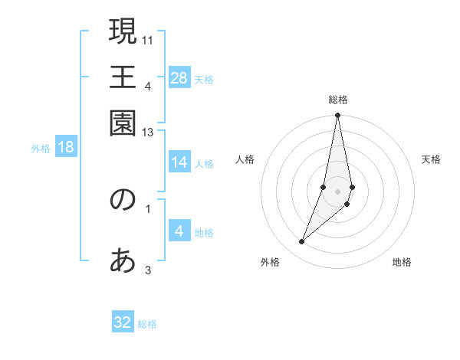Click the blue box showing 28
(179, 78)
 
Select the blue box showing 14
(179, 162)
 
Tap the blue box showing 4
(179, 232)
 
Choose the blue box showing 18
(66, 148)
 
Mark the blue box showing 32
(123, 322)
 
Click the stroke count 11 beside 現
(149, 39)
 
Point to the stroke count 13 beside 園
(149, 133)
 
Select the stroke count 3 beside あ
(148, 269)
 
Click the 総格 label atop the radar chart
(337, 100)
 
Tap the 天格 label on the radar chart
(431, 159)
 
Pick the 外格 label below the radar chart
(270, 262)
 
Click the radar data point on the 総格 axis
(337, 116)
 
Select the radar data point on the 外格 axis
(301, 241)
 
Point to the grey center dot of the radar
(337, 191)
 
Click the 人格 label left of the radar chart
(245, 159)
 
